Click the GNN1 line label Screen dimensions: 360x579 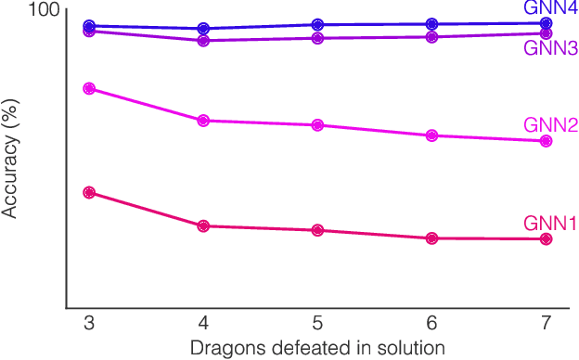(x=550, y=223)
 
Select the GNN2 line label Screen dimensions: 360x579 (x=550, y=125)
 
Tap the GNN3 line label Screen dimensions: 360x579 (x=550, y=49)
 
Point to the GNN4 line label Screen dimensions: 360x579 (x=550, y=8)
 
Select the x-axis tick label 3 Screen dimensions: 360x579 (x=89, y=322)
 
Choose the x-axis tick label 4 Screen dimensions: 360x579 (x=203, y=322)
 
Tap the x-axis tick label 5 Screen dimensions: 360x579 (x=317, y=322)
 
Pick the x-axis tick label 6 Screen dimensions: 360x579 (x=431, y=322)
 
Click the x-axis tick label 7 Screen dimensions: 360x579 (x=546, y=322)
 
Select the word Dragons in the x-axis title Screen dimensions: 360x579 (x=221, y=348)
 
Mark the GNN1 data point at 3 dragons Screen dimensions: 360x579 (x=89, y=192)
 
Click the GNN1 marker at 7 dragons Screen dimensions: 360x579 (x=546, y=238)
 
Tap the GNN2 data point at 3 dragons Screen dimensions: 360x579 (x=89, y=88)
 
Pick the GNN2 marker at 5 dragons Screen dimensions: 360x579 (x=317, y=124)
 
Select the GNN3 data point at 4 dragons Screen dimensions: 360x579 (x=203, y=40)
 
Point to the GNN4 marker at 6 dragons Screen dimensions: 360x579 (x=431, y=24)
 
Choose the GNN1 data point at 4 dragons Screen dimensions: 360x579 (x=203, y=225)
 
